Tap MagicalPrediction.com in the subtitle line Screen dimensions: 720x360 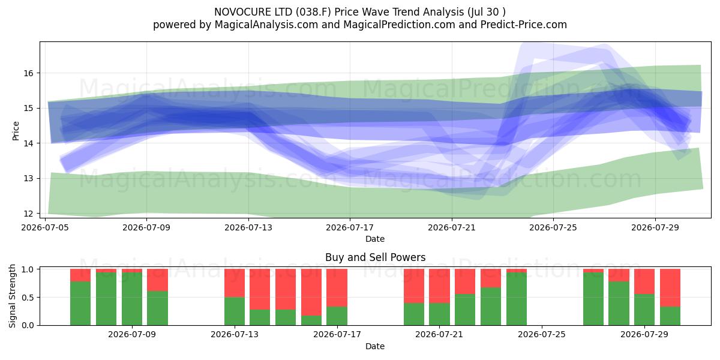(399, 25)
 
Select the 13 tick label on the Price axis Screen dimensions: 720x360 (28, 178)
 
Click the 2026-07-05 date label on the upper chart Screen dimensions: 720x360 (45, 227)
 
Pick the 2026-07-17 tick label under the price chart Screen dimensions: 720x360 (350, 227)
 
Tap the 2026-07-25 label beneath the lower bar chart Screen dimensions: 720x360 (542, 334)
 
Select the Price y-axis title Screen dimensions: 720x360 (16, 131)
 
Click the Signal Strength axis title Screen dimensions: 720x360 (12, 296)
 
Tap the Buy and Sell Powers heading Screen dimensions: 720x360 (375, 257)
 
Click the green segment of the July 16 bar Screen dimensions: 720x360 (311, 320)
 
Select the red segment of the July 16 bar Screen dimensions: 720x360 (311, 292)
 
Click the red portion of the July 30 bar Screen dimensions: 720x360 (670, 287)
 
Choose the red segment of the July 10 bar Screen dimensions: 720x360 (157, 280)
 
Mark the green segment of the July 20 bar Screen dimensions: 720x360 (414, 314)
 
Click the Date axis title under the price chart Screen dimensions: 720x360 (375, 239)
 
